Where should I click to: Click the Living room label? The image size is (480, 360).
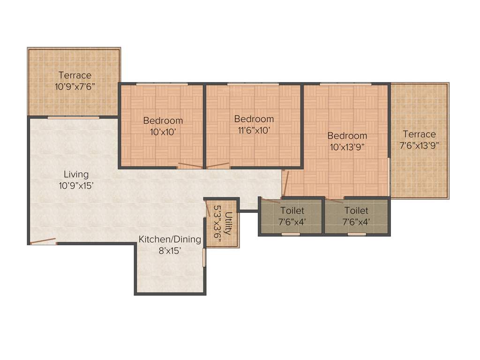(x=76, y=174)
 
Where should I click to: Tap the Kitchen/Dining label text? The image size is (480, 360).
(x=170, y=240)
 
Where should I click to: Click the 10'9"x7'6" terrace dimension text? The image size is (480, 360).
(x=75, y=86)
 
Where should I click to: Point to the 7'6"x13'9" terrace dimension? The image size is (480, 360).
(x=420, y=145)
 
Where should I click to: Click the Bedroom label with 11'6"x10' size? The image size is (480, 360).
(x=254, y=119)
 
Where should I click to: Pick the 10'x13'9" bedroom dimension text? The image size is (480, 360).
(x=347, y=147)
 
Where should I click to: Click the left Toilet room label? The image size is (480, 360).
(x=292, y=211)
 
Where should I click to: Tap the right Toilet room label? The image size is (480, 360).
(x=356, y=211)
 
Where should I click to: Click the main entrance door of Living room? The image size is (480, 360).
(x=43, y=242)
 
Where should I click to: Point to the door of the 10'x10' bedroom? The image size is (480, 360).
(x=190, y=166)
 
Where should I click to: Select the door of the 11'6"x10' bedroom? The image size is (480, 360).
(x=218, y=165)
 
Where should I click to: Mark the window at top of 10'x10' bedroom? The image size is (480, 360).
(x=162, y=84)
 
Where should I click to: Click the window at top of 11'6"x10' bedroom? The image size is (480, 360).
(x=253, y=84)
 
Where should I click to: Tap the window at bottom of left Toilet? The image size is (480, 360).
(x=291, y=234)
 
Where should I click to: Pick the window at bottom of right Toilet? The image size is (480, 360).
(x=357, y=234)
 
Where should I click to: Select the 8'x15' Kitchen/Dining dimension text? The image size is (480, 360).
(x=170, y=251)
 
